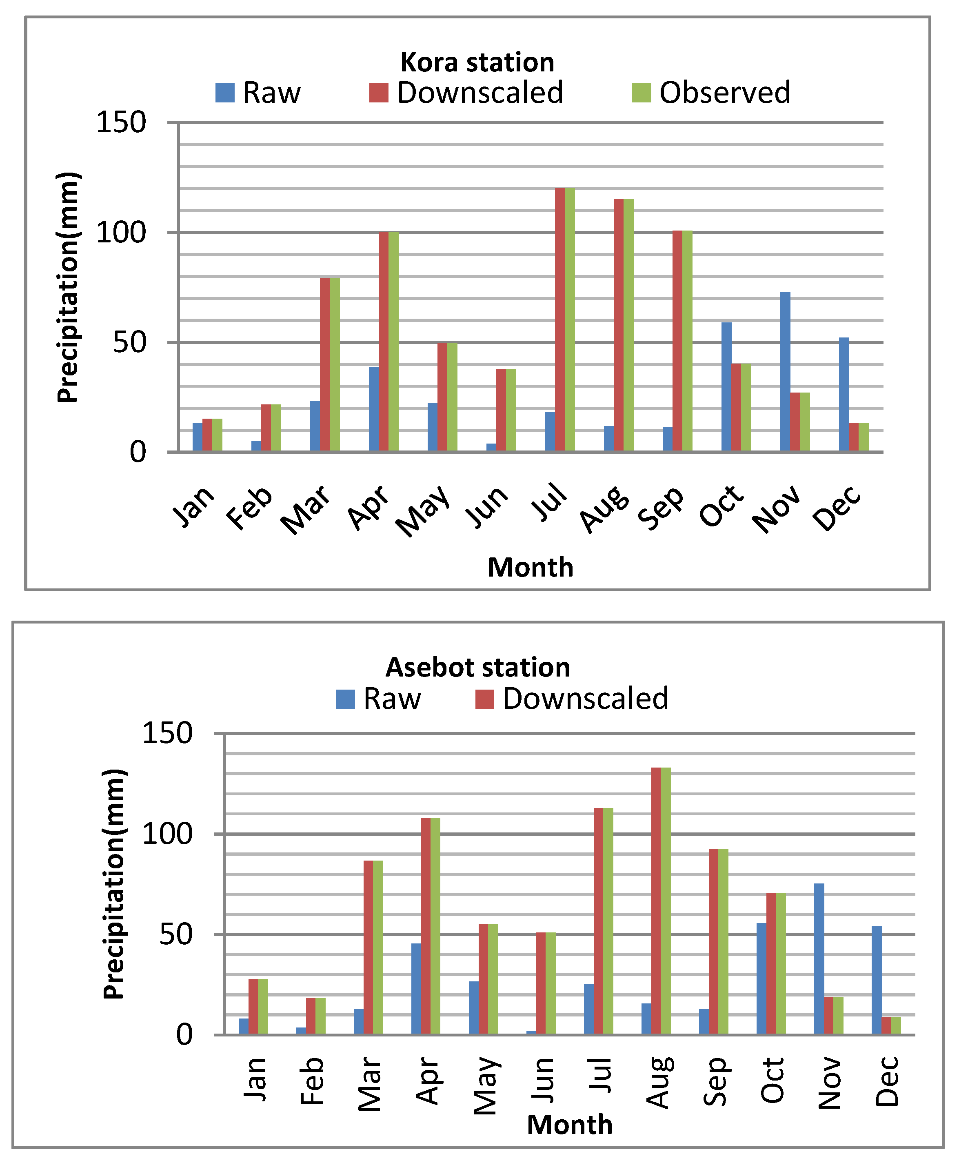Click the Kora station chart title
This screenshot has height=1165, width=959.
pyautogui.click(x=477, y=62)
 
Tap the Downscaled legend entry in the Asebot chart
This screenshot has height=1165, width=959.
pyautogui.click(x=572, y=698)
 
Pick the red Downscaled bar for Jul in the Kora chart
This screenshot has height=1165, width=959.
pyautogui.click(x=559, y=319)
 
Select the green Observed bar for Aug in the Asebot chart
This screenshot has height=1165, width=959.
pyautogui.click(x=666, y=901)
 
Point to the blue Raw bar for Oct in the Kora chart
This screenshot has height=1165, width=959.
pyautogui.click(x=726, y=387)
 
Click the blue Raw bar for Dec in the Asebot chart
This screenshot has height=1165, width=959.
pyautogui.click(x=876, y=980)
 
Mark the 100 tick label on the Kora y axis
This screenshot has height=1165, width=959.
pyautogui.click(x=121, y=233)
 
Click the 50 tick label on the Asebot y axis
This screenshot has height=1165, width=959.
pyautogui.click(x=175, y=934)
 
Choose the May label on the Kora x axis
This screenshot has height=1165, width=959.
pyautogui.click(x=423, y=510)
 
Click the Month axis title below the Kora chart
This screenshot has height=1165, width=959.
pyautogui.click(x=531, y=567)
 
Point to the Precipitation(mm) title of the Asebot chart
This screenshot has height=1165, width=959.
pyautogui.click(x=114, y=884)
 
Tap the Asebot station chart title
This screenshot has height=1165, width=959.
pyautogui.click(x=477, y=667)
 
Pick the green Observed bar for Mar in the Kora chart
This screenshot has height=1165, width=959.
pyautogui.click(x=335, y=364)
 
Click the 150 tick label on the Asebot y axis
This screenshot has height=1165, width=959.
pyautogui.click(x=167, y=734)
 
